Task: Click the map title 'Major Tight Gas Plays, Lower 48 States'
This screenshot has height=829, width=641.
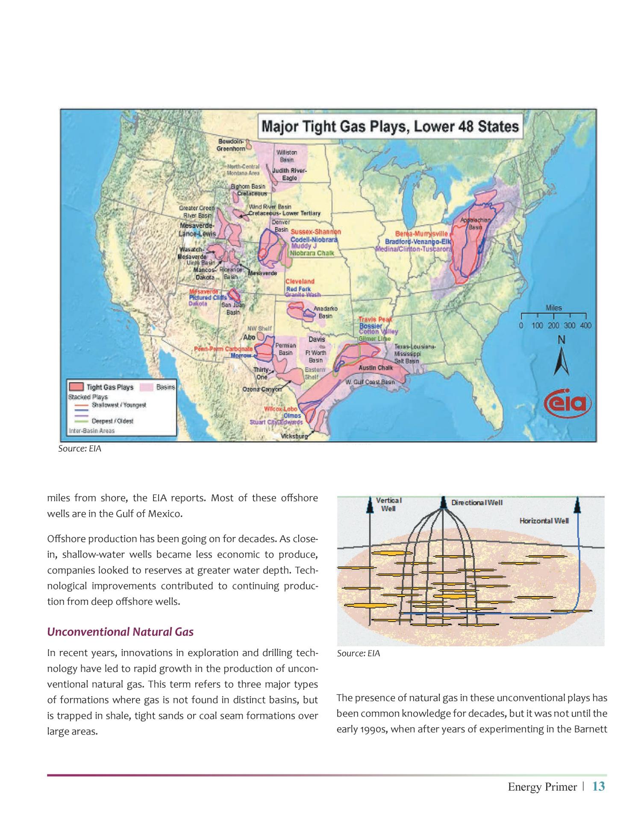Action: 390,126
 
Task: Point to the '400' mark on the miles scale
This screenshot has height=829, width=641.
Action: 585,325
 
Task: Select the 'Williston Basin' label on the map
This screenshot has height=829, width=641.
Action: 286,155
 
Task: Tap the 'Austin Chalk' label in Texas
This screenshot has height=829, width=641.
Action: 375,367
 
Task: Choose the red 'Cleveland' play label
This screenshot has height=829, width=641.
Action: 300,281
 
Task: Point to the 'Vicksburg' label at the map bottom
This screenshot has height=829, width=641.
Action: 294,436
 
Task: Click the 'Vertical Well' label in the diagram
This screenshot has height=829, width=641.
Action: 388,504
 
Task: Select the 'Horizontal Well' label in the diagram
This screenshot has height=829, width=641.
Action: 544,521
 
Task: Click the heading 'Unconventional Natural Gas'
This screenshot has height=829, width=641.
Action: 120,632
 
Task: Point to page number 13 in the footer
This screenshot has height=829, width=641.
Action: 599,786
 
